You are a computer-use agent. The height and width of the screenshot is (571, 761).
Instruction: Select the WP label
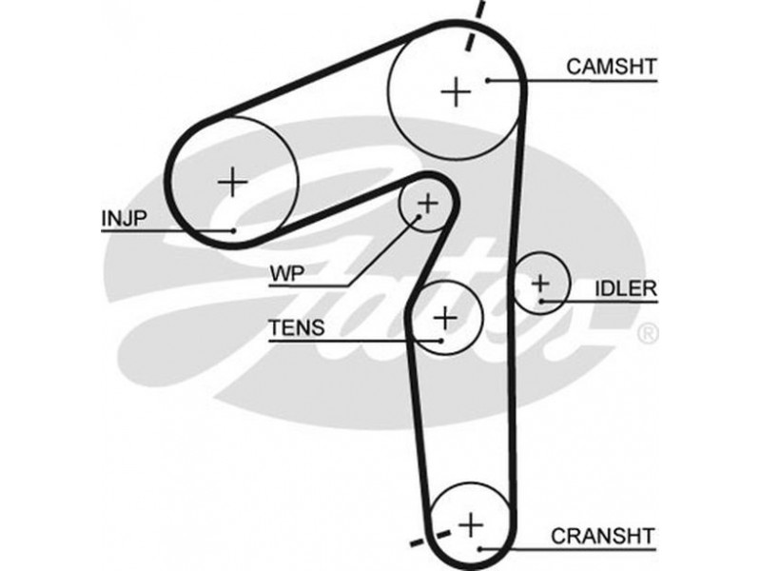click(283, 273)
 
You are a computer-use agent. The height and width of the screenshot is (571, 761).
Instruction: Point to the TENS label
click(296, 328)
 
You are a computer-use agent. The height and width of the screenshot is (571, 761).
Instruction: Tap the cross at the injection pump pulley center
click(232, 181)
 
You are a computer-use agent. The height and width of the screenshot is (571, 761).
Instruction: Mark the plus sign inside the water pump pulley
click(427, 202)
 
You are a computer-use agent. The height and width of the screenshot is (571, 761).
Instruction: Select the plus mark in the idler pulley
click(540, 283)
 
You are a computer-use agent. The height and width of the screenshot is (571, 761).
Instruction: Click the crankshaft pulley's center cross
click(470, 523)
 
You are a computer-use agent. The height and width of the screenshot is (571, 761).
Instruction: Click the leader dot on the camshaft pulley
click(487, 81)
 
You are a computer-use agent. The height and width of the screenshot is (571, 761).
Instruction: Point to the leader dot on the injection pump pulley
click(233, 230)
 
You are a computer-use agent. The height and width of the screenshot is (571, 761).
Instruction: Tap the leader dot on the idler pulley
click(540, 302)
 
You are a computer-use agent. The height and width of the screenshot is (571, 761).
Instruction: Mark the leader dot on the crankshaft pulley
click(482, 548)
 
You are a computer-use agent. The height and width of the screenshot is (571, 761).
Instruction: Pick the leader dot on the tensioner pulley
click(441, 340)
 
